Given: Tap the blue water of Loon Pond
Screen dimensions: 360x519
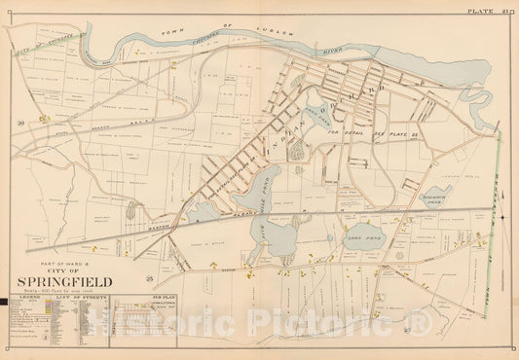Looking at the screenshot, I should [356, 234].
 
